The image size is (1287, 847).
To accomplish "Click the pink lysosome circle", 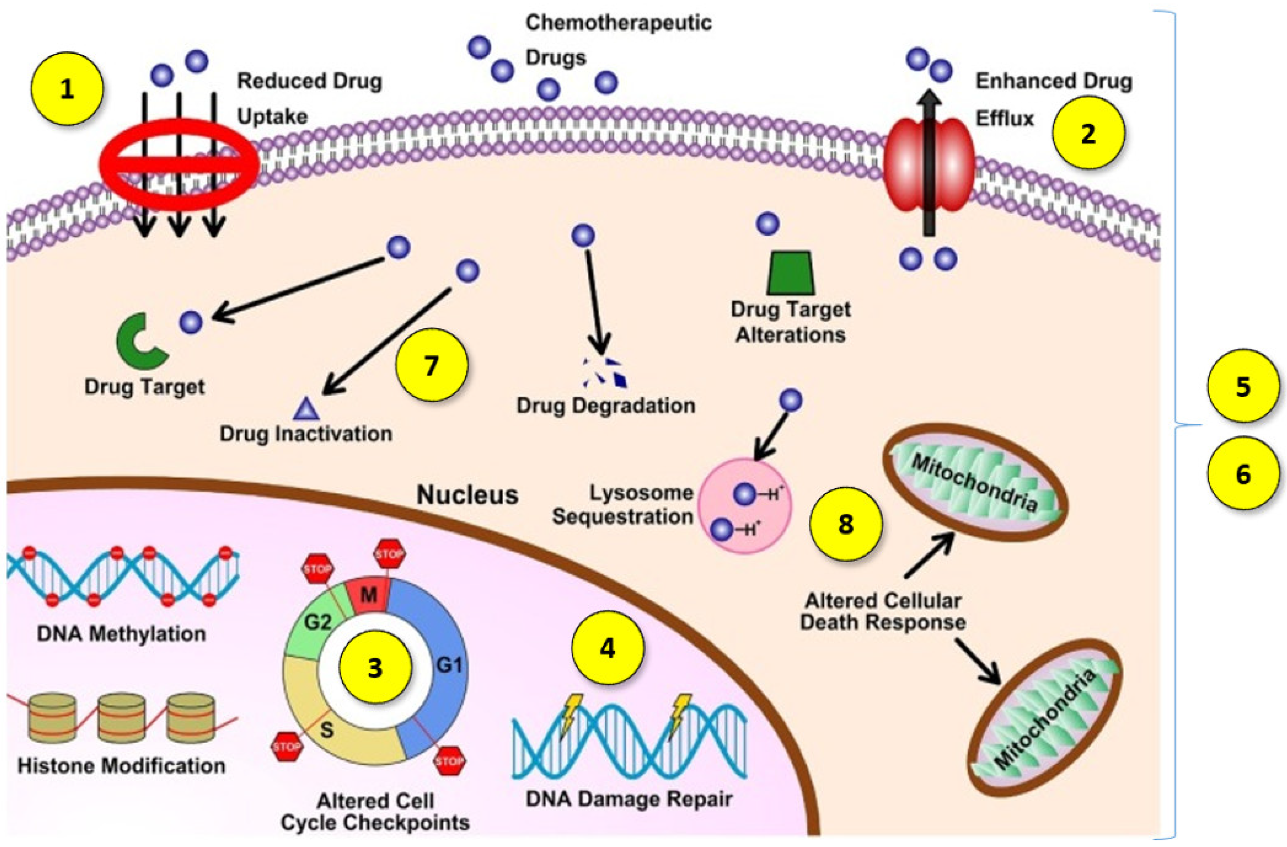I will pos(745,506).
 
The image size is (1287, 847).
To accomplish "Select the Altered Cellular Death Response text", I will pos(883,611).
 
